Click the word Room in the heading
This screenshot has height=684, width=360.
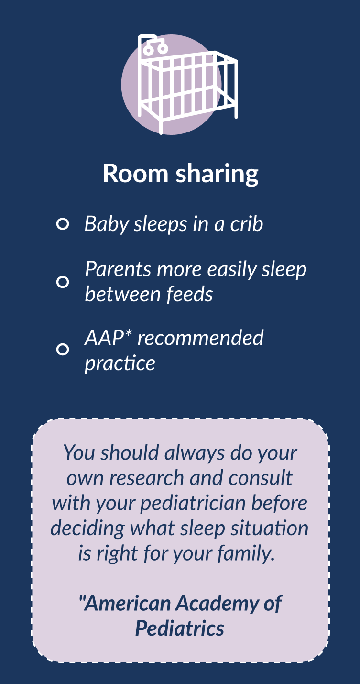pyautogui.click(x=135, y=173)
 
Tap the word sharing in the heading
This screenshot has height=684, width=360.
pyautogui.click(x=217, y=174)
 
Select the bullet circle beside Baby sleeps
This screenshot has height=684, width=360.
pyautogui.click(x=63, y=224)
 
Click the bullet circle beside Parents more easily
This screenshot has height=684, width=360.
pyautogui.click(x=63, y=282)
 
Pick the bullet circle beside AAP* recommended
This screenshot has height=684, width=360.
pyautogui.click(x=63, y=349)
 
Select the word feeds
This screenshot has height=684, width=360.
pyautogui.click(x=190, y=294)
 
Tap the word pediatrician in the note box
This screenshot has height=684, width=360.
pyautogui.click(x=193, y=504)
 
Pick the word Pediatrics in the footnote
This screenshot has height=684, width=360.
pyautogui.click(x=180, y=629)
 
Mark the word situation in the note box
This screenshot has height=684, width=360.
pyautogui.click(x=269, y=529)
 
